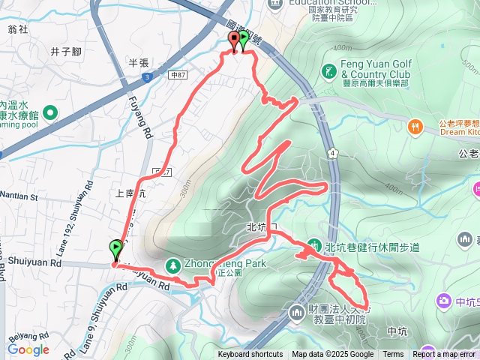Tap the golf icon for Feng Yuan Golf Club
(x=328, y=71)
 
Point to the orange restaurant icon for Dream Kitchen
(x=413, y=127)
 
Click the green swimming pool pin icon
(x=50, y=113)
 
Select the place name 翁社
(x=17, y=29)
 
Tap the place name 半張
(x=140, y=62)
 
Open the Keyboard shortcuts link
(x=250, y=355)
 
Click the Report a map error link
(x=445, y=355)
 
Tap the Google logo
(x=28, y=349)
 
